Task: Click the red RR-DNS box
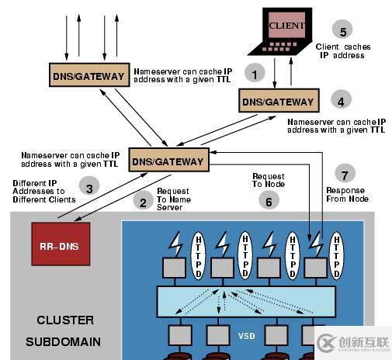[61, 244]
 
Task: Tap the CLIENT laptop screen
[286, 25]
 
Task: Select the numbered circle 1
[255, 73]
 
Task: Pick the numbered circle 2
[143, 201]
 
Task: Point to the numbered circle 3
[89, 187]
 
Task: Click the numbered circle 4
[341, 100]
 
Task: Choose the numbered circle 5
[343, 29]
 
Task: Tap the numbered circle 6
[269, 200]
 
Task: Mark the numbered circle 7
[345, 174]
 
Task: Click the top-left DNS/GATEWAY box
[89, 74]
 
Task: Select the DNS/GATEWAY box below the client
[279, 100]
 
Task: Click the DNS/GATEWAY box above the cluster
[168, 160]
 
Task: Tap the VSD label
[247, 336]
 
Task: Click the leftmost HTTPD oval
[198, 255]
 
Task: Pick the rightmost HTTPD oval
[336, 255]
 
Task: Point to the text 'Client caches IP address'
[343, 51]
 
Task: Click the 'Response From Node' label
[347, 195]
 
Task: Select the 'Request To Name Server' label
[174, 199]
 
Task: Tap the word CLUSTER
[65, 320]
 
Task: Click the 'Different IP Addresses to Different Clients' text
[44, 192]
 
